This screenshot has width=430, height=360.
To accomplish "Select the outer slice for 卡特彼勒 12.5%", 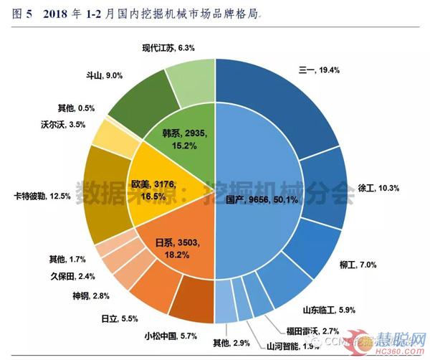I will (x=107, y=194).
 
